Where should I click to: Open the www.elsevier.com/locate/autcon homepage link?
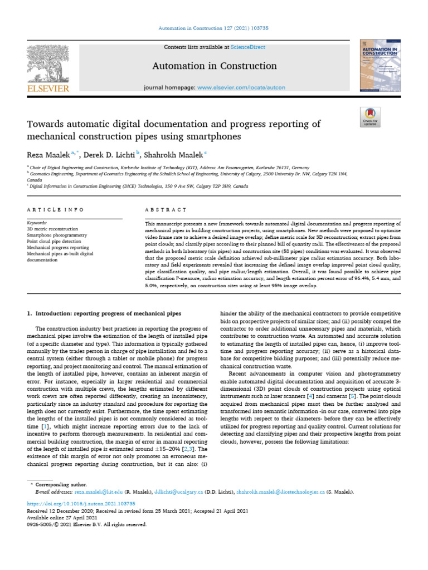click(245, 88)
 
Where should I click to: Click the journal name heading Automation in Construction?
click(215, 66)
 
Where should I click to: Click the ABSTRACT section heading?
click(152, 210)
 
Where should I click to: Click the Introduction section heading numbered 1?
click(104, 314)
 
